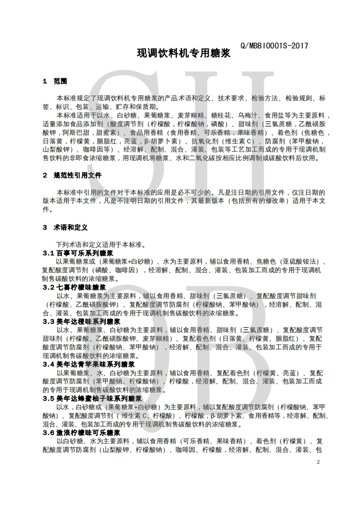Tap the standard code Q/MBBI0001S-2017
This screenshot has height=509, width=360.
[273, 45]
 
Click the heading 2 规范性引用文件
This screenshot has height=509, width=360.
[72, 175]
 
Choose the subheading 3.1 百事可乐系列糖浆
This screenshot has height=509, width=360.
[78, 253]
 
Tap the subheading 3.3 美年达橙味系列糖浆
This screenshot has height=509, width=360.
[81, 322]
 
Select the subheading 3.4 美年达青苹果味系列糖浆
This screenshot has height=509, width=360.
[88, 364]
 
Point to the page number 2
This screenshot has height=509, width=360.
[318, 461]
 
